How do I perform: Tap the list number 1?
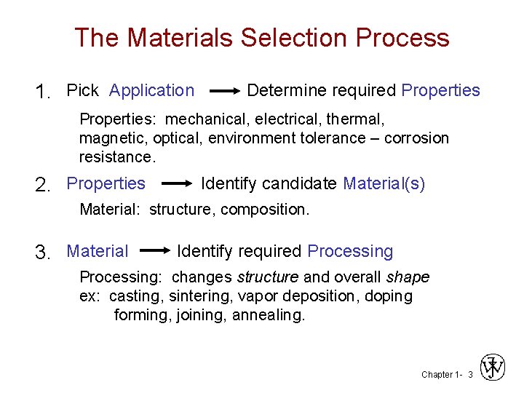(x=41, y=92)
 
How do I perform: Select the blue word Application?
(x=151, y=91)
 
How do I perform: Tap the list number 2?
(x=41, y=185)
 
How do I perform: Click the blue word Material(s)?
(x=384, y=184)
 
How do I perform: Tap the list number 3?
(x=41, y=253)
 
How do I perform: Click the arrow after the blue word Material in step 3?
(x=154, y=252)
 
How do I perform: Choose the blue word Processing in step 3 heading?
(x=349, y=252)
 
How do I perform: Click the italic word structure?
(x=267, y=277)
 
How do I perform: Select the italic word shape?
(x=408, y=277)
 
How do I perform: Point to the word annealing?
(x=269, y=315)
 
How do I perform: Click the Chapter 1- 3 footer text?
(x=447, y=374)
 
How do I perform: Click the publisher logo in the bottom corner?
(x=493, y=368)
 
